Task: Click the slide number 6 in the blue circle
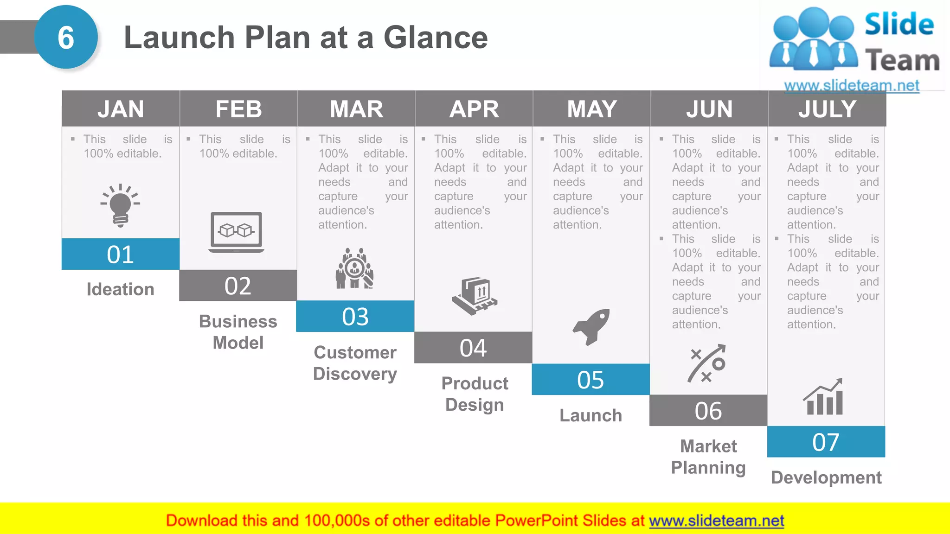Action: pyautogui.click(x=66, y=38)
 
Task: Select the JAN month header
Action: pyautogui.click(x=121, y=109)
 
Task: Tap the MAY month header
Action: pyautogui.click(x=591, y=109)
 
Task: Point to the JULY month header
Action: pyautogui.click(x=827, y=109)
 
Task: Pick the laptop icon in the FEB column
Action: pyautogui.click(x=237, y=232)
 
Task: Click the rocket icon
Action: pyautogui.click(x=591, y=326)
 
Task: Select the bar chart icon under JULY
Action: pyautogui.click(x=823, y=397)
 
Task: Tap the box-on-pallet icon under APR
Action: pyautogui.click(x=475, y=296)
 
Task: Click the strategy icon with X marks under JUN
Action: pyautogui.click(x=706, y=363)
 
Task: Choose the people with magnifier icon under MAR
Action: pyautogui.click(x=355, y=269)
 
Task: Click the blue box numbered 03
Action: pyautogui.click(x=355, y=317)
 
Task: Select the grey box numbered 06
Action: pyautogui.click(x=708, y=411)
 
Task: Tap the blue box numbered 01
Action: pyautogui.click(x=121, y=254)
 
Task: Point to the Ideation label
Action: pyautogui.click(x=121, y=289)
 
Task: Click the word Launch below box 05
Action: pyautogui.click(x=591, y=415)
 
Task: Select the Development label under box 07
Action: pyautogui.click(x=826, y=477)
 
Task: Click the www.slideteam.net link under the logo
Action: pyautogui.click(x=851, y=85)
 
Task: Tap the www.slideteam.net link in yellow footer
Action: pyautogui.click(x=716, y=521)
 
